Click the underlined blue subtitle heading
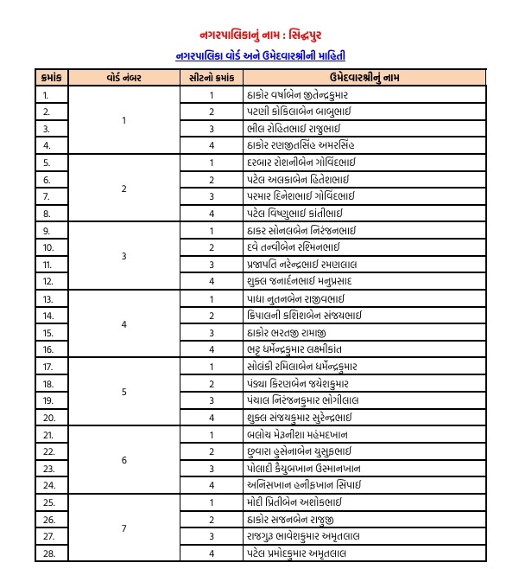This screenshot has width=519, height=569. pos(258,55)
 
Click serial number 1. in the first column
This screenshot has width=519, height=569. pos(46,96)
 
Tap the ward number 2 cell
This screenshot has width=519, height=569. pos(124,189)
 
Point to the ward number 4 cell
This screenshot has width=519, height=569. pos(124,324)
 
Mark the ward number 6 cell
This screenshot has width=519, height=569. pos(124,460)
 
